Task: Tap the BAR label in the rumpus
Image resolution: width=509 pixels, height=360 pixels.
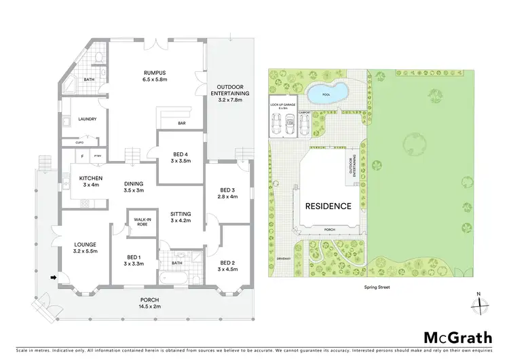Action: pyautogui.click(x=182, y=124)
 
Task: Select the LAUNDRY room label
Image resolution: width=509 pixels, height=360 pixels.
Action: pyautogui.click(x=88, y=120)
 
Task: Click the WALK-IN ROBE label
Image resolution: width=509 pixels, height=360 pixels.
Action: pyautogui.click(x=142, y=222)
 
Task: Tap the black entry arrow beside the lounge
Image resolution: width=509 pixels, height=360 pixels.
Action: pyautogui.click(x=53, y=277)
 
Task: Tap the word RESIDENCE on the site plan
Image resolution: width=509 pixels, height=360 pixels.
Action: pyautogui.click(x=328, y=206)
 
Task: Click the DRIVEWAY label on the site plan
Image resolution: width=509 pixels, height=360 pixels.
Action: pyautogui.click(x=284, y=259)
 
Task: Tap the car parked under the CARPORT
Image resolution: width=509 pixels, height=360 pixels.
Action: pyautogui.click(x=305, y=124)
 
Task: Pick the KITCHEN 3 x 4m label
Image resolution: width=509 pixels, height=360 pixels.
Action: pyautogui.click(x=90, y=181)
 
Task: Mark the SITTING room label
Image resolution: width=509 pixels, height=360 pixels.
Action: pyautogui.click(x=181, y=217)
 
